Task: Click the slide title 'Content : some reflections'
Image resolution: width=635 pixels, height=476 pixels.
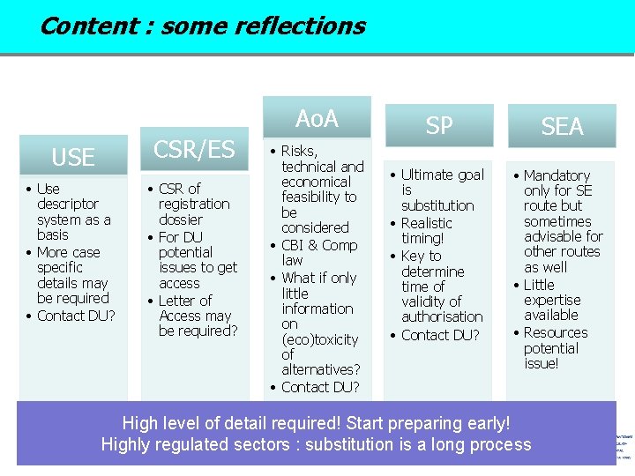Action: pos(202,26)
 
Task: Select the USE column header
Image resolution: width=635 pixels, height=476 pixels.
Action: pos(73,158)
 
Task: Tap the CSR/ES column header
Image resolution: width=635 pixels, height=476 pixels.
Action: pos(196,150)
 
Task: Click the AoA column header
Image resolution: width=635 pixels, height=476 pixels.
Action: pos(317,118)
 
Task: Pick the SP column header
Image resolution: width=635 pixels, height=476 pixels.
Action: pos(439,126)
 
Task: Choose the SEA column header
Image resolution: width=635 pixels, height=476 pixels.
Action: pos(562,127)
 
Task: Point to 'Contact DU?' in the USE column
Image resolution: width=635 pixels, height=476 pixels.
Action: pos(76,316)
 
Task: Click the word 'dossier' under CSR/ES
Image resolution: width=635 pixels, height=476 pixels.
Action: pos(181,219)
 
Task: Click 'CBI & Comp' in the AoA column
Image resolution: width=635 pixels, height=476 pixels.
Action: pos(319,245)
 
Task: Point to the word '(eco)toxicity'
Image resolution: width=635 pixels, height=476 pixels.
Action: pos(320,339)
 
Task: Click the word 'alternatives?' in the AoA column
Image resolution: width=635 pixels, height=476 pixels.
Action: pos(321,370)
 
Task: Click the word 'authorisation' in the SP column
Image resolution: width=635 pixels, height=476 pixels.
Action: pos(442,316)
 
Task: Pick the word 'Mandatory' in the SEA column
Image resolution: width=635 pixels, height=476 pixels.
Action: pos(557,175)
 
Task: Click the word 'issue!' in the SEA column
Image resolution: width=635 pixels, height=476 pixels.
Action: pos(541,363)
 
